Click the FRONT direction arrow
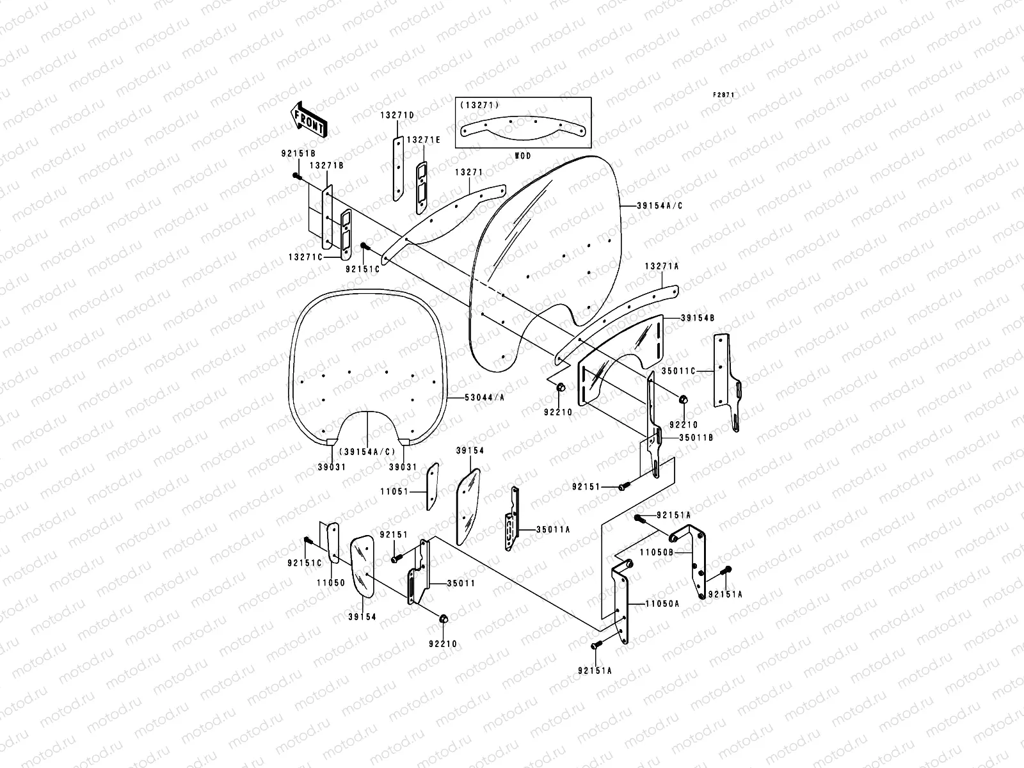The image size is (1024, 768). pos(308,120)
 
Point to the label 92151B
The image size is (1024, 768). pos(298,154)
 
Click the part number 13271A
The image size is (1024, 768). pos(661,266)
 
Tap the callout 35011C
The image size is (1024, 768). pos(679,370)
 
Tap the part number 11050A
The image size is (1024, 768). pos(662,603)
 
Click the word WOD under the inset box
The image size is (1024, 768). pos(523,156)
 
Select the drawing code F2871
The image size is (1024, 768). pos(724,95)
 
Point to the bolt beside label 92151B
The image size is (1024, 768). pos(298,176)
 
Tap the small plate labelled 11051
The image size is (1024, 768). pos(432,486)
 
